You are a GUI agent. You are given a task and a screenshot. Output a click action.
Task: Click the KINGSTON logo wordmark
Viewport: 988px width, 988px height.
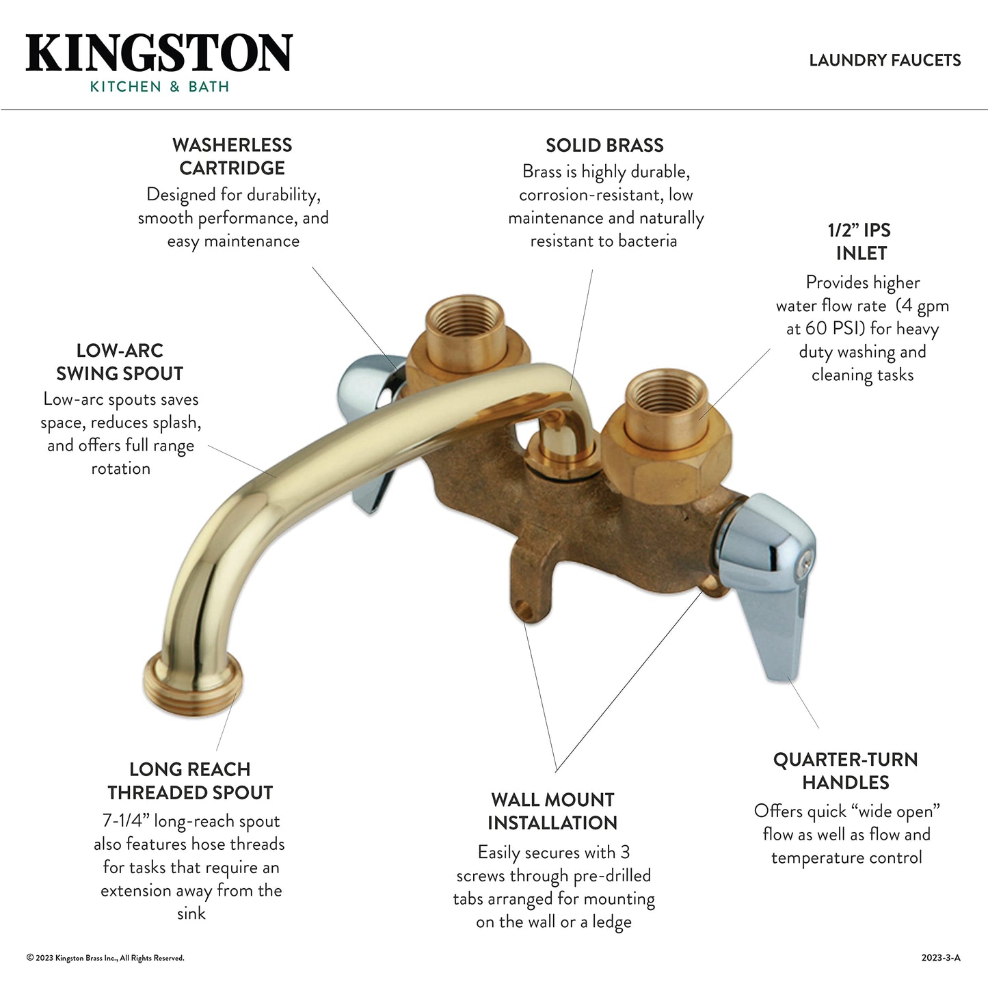point(159,53)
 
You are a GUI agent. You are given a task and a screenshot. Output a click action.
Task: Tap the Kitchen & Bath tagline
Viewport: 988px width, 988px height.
point(159,87)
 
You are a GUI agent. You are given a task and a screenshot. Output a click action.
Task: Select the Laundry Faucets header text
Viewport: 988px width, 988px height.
point(885,60)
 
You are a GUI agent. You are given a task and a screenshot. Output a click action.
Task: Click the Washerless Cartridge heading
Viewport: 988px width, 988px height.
point(232,157)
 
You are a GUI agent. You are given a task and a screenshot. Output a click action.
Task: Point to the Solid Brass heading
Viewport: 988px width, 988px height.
point(604,146)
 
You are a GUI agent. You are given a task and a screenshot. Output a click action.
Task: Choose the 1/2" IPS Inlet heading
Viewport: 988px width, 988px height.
point(861,242)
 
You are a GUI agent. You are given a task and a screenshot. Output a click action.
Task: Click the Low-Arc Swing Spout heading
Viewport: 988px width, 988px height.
point(120,362)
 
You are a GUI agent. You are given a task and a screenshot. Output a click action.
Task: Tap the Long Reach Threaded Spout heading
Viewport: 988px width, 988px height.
point(190,781)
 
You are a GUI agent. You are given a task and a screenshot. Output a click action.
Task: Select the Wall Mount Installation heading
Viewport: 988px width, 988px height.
point(552,812)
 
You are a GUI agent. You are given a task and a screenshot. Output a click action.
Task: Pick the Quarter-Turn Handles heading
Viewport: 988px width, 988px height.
point(846,771)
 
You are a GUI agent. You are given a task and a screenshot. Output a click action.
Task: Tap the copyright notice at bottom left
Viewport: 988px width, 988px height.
point(105,958)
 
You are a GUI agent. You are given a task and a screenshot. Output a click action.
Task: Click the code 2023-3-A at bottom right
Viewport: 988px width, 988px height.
point(941,958)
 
